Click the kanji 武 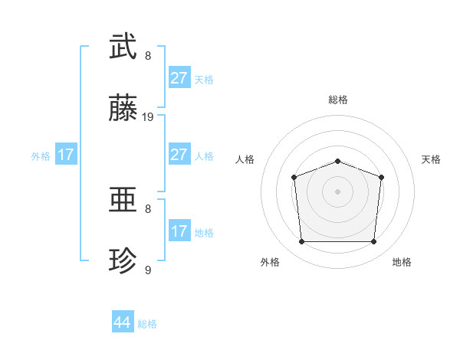123,46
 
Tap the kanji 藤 123,109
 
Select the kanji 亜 123,201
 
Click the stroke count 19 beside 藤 148,117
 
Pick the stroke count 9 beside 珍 148,270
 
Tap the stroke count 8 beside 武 148,55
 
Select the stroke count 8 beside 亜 148,208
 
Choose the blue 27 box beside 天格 179,78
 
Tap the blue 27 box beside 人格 179,155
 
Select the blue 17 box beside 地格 179,231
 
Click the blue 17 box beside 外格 66,155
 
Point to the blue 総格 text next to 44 147,324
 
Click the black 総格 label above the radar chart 338,100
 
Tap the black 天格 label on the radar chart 432,159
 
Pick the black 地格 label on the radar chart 402,263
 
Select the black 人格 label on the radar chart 245,159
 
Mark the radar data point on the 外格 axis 301,242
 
